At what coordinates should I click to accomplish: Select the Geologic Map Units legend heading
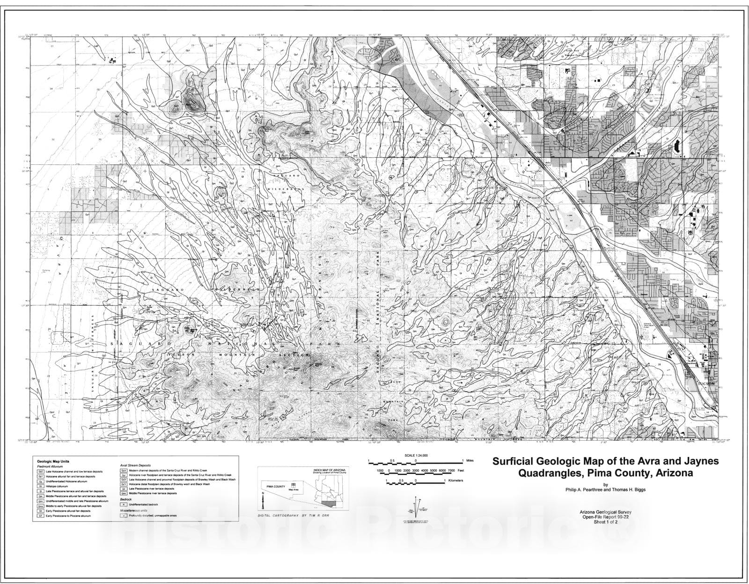pyautogui.click(x=53, y=461)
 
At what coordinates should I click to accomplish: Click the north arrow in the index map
pyautogui.click(x=263, y=504)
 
